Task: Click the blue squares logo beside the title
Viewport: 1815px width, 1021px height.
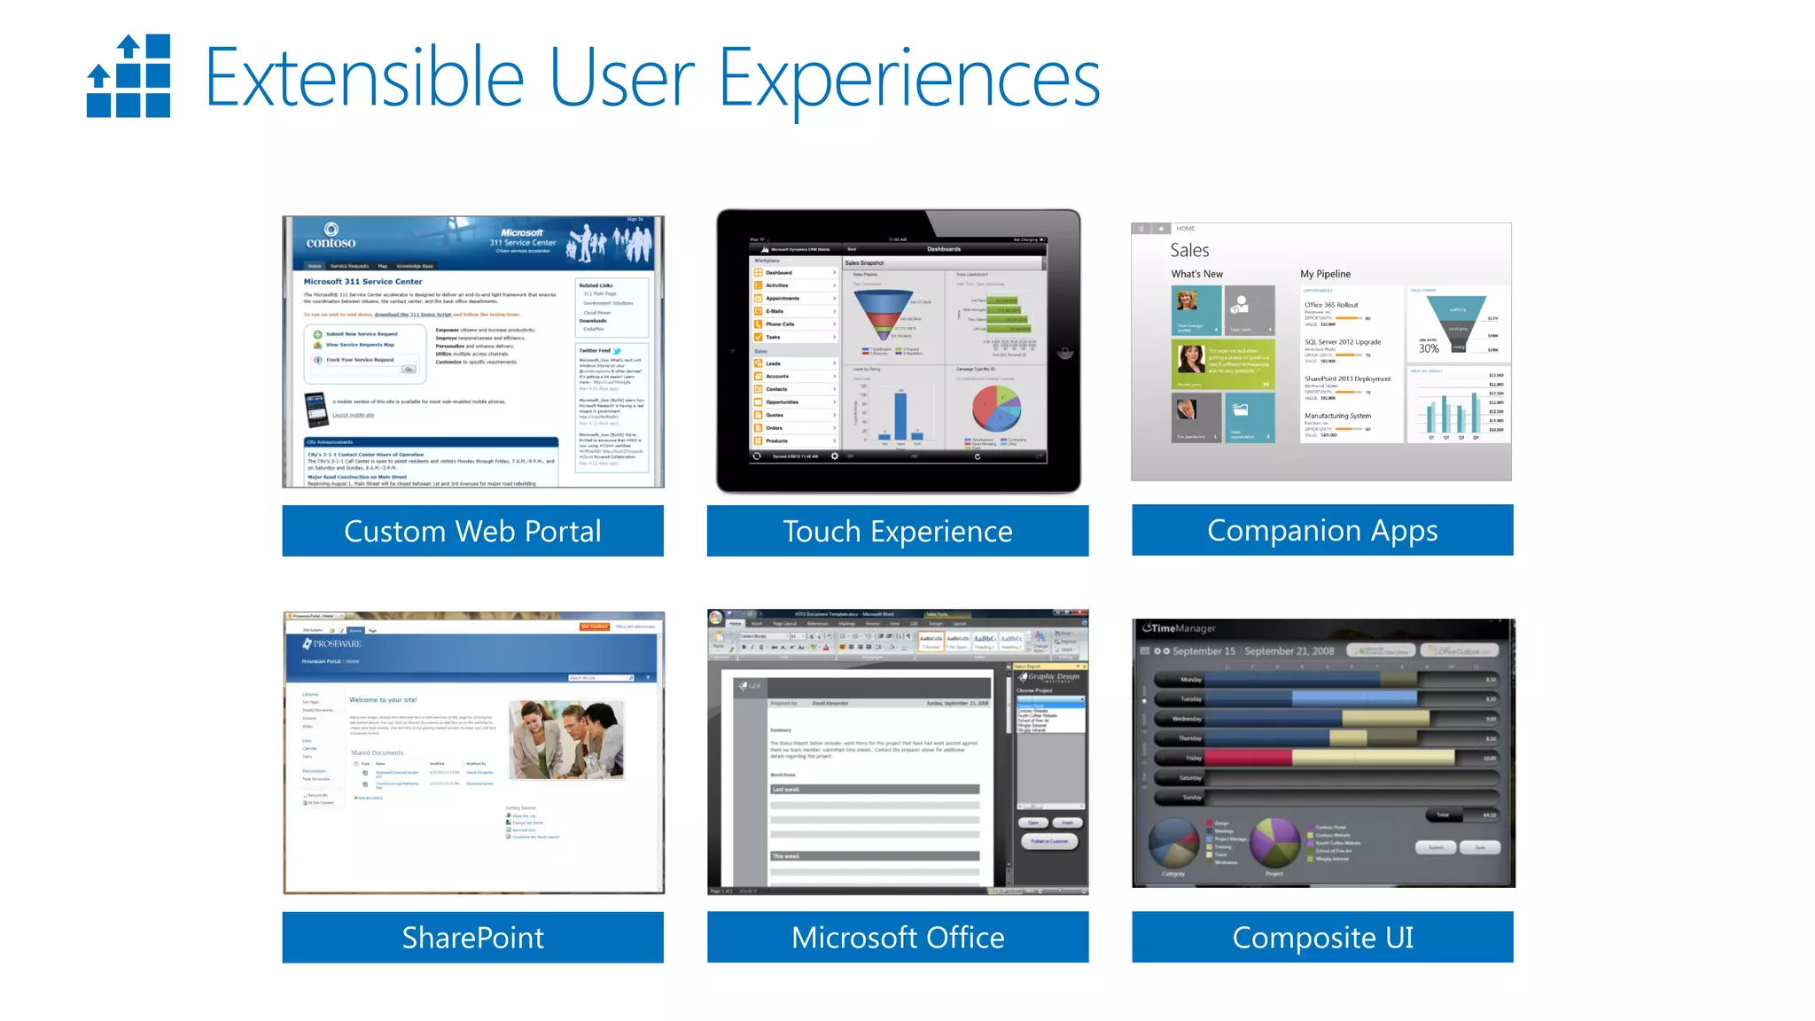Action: point(129,76)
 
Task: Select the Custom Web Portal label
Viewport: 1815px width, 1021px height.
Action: point(472,531)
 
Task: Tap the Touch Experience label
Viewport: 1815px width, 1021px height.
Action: point(897,531)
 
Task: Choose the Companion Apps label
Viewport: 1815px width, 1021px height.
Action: point(1321,530)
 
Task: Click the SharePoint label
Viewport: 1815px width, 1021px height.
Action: point(472,937)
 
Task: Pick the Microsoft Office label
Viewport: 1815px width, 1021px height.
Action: point(897,937)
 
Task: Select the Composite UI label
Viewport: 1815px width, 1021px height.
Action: point(1321,937)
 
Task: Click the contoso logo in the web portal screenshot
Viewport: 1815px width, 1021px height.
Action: point(331,237)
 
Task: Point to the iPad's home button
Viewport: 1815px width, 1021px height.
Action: point(1065,352)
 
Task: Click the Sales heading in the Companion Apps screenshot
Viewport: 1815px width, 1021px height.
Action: point(1189,250)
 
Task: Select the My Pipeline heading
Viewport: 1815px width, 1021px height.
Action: point(1325,274)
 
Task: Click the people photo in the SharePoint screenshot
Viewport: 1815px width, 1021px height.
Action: point(565,739)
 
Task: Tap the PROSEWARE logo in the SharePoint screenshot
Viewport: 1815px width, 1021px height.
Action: point(332,643)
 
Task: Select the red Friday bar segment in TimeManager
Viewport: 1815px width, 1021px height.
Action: point(1248,758)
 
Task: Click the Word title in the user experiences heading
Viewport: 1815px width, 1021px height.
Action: point(897,613)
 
